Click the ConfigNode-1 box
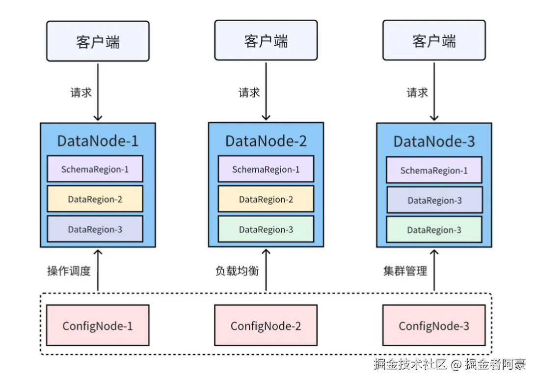point(97,326)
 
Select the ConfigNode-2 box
point(266,326)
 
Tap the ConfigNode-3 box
point(433,326)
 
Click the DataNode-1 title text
point(98,141)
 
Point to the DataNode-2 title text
point(266,141)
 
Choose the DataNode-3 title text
point(434,142)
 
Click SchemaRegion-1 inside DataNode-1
point(95,169)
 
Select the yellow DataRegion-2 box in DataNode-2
point(266,199)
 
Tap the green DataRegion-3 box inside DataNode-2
point(266,229)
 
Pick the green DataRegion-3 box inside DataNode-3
point(434,230)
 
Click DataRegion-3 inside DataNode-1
point(95,229)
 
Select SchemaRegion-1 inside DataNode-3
point(434,170)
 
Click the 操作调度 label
point(69,271)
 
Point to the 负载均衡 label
point(237,271)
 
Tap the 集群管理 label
point(405,271)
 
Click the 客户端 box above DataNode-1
point(98,41)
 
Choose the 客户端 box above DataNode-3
point(434,41)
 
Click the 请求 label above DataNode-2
point(249,92)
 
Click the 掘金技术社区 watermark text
point(409,364)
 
